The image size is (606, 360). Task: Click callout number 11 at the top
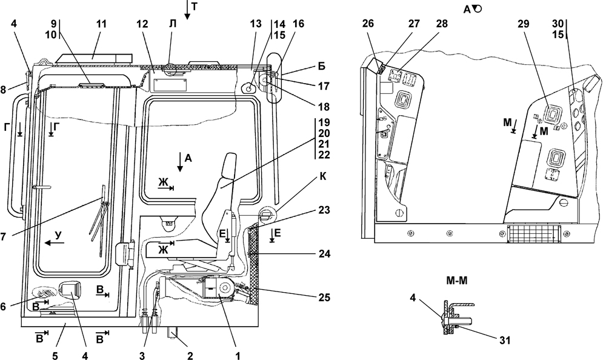(x=101, y=24)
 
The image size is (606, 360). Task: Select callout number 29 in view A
(x=524, y=24)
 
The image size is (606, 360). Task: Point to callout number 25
(x=324, y=298)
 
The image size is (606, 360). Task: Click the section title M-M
(x=457, y=281)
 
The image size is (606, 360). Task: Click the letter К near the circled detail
(x=323, y=177)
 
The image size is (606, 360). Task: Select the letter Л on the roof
(x=172, y=24)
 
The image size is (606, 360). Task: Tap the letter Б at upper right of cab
(x=322, y=66)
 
